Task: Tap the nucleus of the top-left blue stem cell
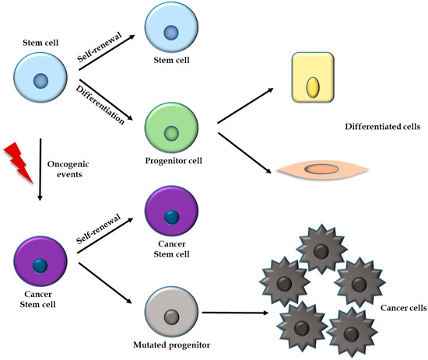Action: (40, 81)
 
